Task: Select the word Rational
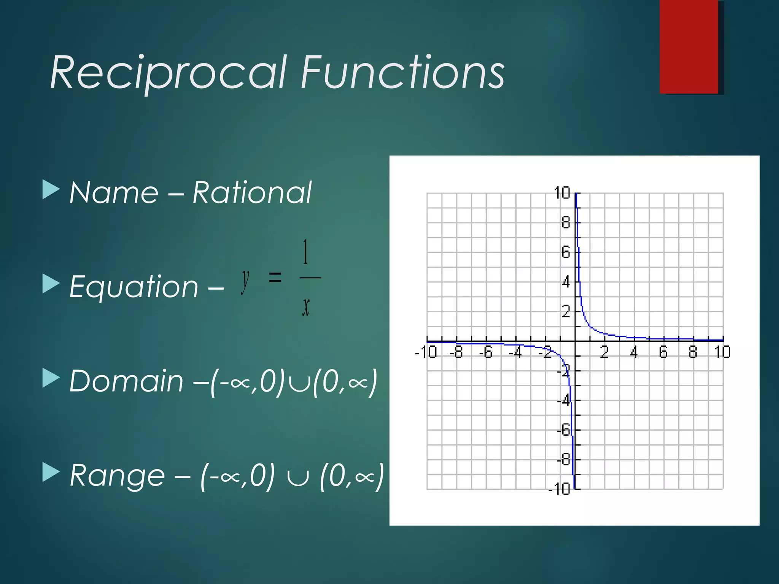(252, 193)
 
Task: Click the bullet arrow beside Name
(51, 189)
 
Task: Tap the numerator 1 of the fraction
(305, 252)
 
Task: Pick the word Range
(117, 475)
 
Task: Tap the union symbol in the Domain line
(298, 383)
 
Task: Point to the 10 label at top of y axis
(562, 193)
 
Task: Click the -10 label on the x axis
(426, 352)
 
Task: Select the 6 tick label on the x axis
(663, 352)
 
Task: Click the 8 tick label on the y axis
(566, 222)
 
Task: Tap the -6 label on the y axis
(564, 430)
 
